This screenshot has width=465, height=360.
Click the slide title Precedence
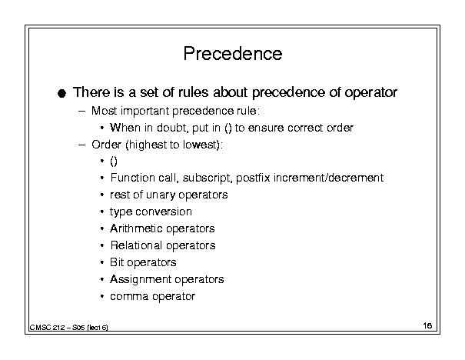coord(233,54)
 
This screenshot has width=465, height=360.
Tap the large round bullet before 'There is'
coord(61,94)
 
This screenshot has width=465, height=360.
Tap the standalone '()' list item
coord(114,162)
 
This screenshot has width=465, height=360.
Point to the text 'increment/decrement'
coord(329,178)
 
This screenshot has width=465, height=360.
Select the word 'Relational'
coord(136,245)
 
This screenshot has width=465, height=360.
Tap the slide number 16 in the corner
coord(427,326)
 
